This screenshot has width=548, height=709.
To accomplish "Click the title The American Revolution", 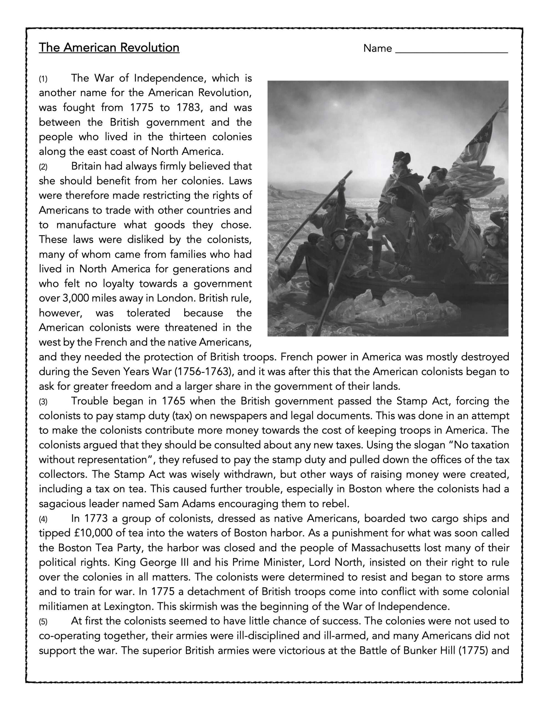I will (x=109, y=48).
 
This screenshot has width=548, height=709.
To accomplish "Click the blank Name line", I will (x=451, y=49).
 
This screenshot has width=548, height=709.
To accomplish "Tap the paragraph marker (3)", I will (x=43, y=402).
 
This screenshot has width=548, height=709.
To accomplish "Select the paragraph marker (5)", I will (x=43, y=622).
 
